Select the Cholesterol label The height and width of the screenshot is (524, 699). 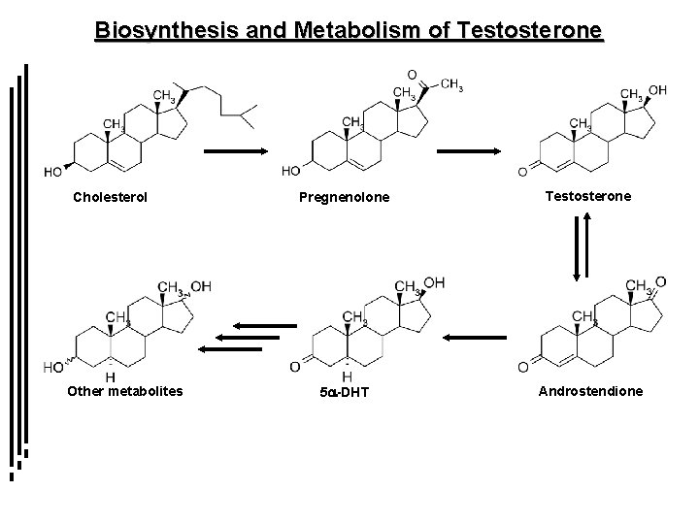(111, 197)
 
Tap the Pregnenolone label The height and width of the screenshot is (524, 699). (344, 198)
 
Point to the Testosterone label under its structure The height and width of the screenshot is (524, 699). (588, 196)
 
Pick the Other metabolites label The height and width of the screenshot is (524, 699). (124, 392)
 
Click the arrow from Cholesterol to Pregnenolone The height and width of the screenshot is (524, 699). (236, 151)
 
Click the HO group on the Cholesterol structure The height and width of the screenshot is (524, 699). (55, 172)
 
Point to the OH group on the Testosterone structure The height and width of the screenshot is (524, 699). (657, 90)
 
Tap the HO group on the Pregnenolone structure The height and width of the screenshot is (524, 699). (290, 172)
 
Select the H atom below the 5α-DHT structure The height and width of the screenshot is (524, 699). (347, 377)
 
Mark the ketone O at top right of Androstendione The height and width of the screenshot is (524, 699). (662, 280)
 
